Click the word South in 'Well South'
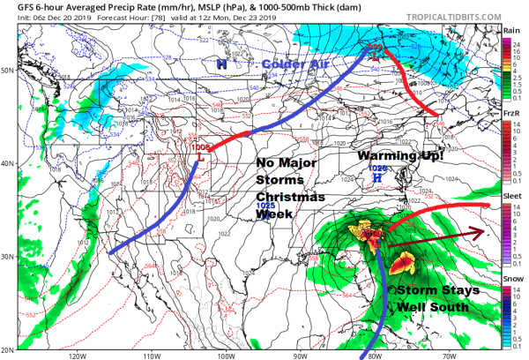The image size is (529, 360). pos(453,307)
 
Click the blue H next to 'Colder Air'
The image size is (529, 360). pos(223,64)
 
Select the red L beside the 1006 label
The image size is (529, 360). pos(203,157)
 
